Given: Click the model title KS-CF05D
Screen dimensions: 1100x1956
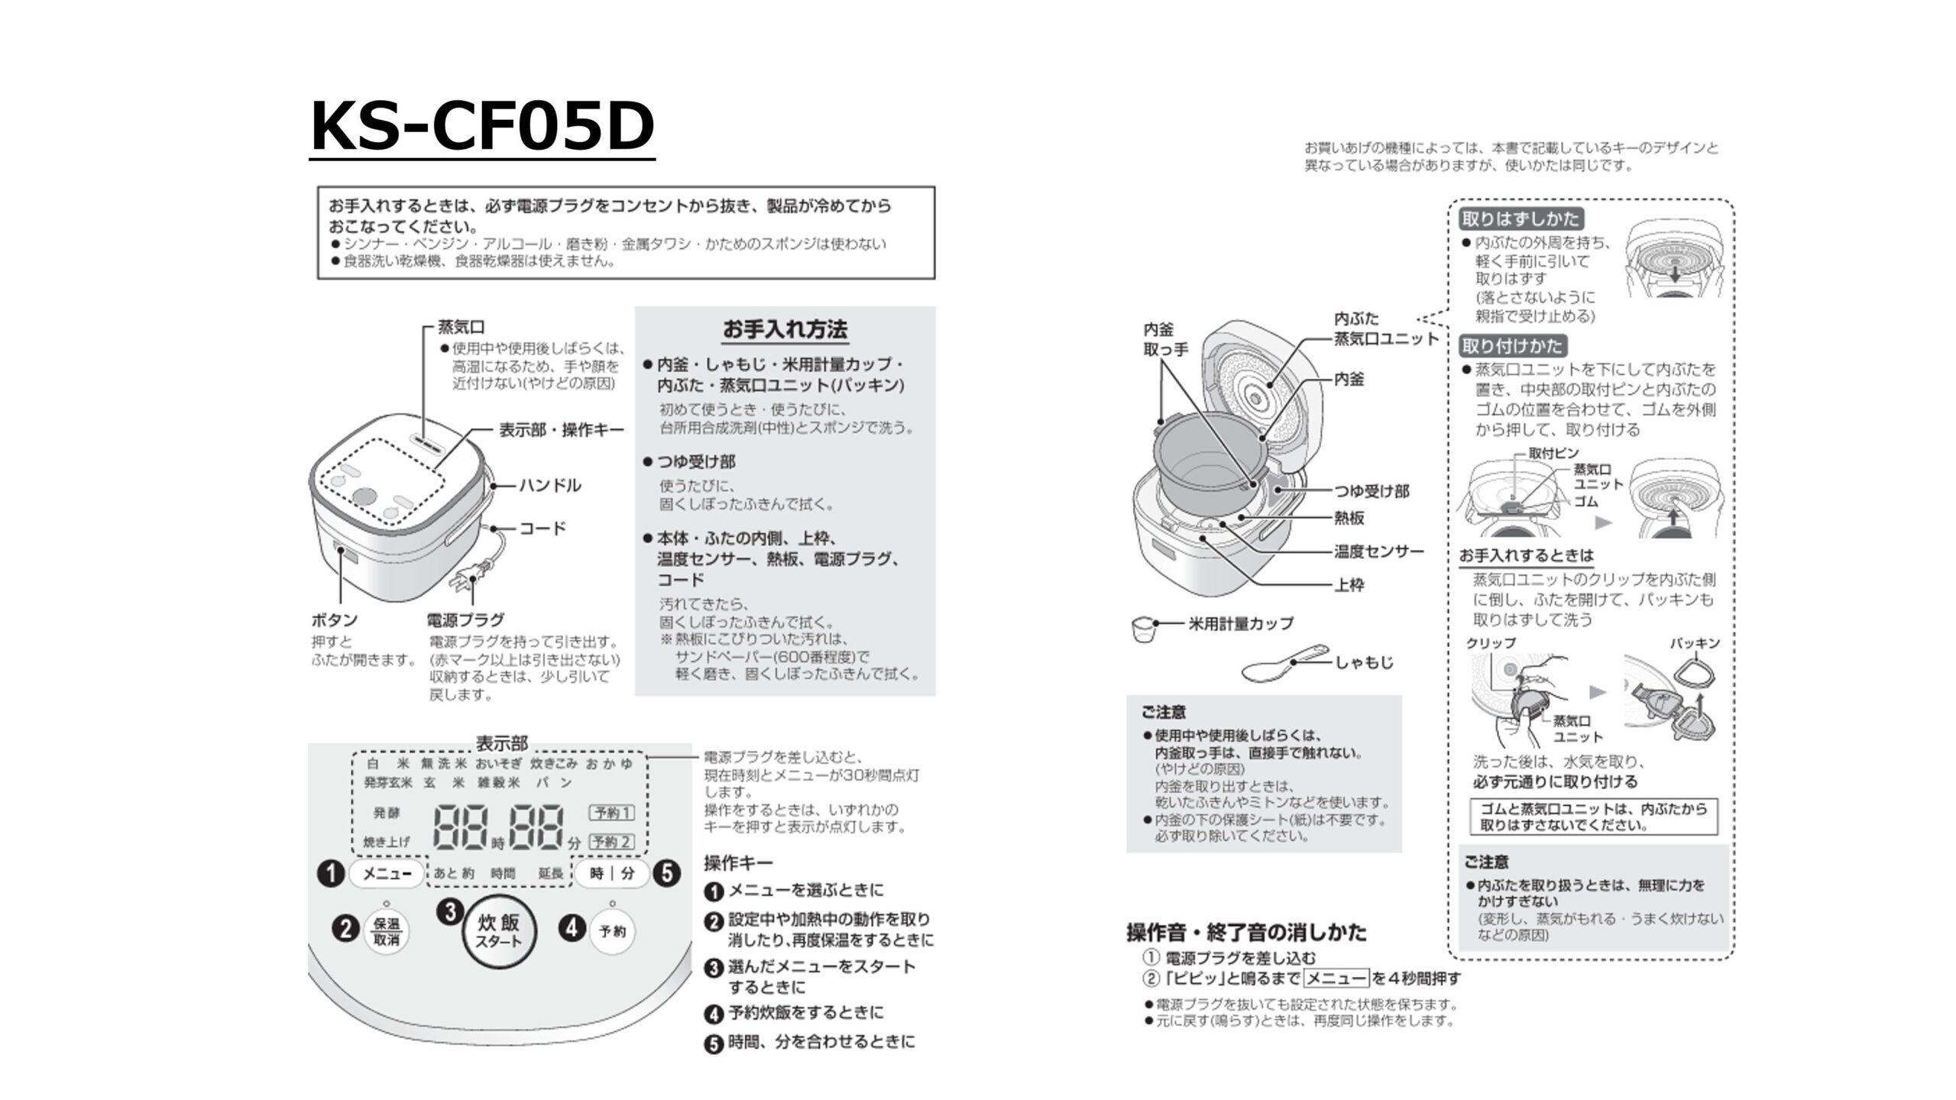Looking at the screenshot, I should point(482,126).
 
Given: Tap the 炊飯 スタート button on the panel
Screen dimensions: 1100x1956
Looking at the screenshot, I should point(499,932).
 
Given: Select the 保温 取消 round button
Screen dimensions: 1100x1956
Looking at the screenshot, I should point(387,931).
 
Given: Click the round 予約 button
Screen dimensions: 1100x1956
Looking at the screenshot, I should point(612,931).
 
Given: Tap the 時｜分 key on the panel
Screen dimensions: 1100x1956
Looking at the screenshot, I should point(612,873).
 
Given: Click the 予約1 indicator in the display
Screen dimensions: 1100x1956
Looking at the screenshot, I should point(611,813).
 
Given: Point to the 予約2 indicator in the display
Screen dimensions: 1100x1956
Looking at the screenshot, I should point(611,842).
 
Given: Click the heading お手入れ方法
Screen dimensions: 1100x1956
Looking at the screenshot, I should point(785,330).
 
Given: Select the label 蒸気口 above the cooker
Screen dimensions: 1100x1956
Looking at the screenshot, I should point(461,327).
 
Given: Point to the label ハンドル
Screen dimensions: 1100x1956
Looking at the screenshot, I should point(550,485).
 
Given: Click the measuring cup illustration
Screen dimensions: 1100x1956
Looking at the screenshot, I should point(1144,629).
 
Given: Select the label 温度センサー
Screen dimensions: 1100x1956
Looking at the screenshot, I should point(1379,552).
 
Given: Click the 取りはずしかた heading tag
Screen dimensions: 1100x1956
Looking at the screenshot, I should point(1520,219).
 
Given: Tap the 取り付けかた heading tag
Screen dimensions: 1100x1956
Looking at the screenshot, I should point(1512,346).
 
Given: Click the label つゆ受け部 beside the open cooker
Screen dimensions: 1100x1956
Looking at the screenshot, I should point(1371,491).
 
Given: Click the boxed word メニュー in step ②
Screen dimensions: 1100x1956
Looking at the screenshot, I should point(1336,979).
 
